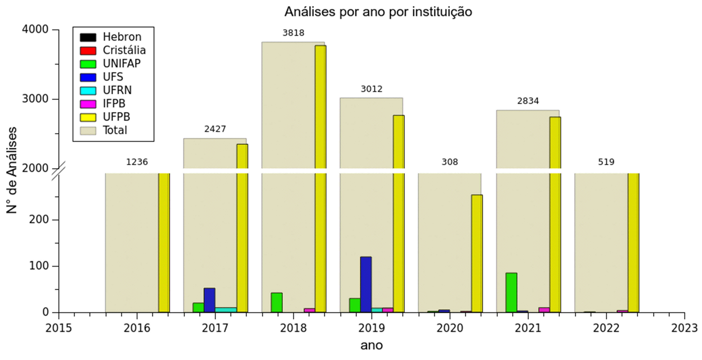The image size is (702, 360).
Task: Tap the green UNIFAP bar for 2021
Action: coord(511,292)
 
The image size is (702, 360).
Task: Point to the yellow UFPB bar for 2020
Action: coord(477,254)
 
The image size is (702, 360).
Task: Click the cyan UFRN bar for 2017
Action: coord(226,310)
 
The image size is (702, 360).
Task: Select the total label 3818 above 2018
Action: coord(293,33)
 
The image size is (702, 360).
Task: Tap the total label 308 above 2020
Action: coord(450,162)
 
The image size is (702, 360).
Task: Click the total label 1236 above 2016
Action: coord(137,162)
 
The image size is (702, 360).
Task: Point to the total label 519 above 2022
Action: coord(606,162)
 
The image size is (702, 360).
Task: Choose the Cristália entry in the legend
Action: coord(124,50)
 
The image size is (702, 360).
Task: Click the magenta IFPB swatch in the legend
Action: coord(88,104)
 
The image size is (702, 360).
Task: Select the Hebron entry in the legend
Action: coord(122,37)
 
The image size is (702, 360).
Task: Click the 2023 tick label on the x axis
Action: coord(684,328)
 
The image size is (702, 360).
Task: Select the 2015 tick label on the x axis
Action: coord(59,328)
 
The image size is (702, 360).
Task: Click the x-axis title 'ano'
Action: coord(371,345)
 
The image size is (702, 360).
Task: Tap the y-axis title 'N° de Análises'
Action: coord(11,170)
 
